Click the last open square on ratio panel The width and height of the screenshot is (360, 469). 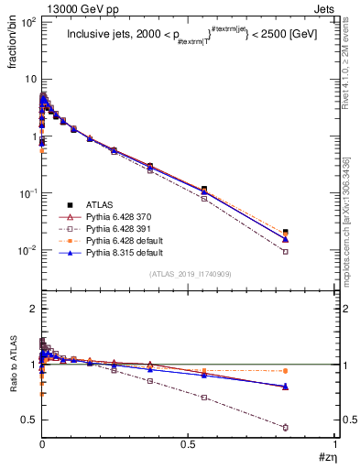[286, 428]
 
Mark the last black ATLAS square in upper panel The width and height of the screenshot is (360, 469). [286, 233]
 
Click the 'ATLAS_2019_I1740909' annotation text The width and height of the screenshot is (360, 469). [189, 274]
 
